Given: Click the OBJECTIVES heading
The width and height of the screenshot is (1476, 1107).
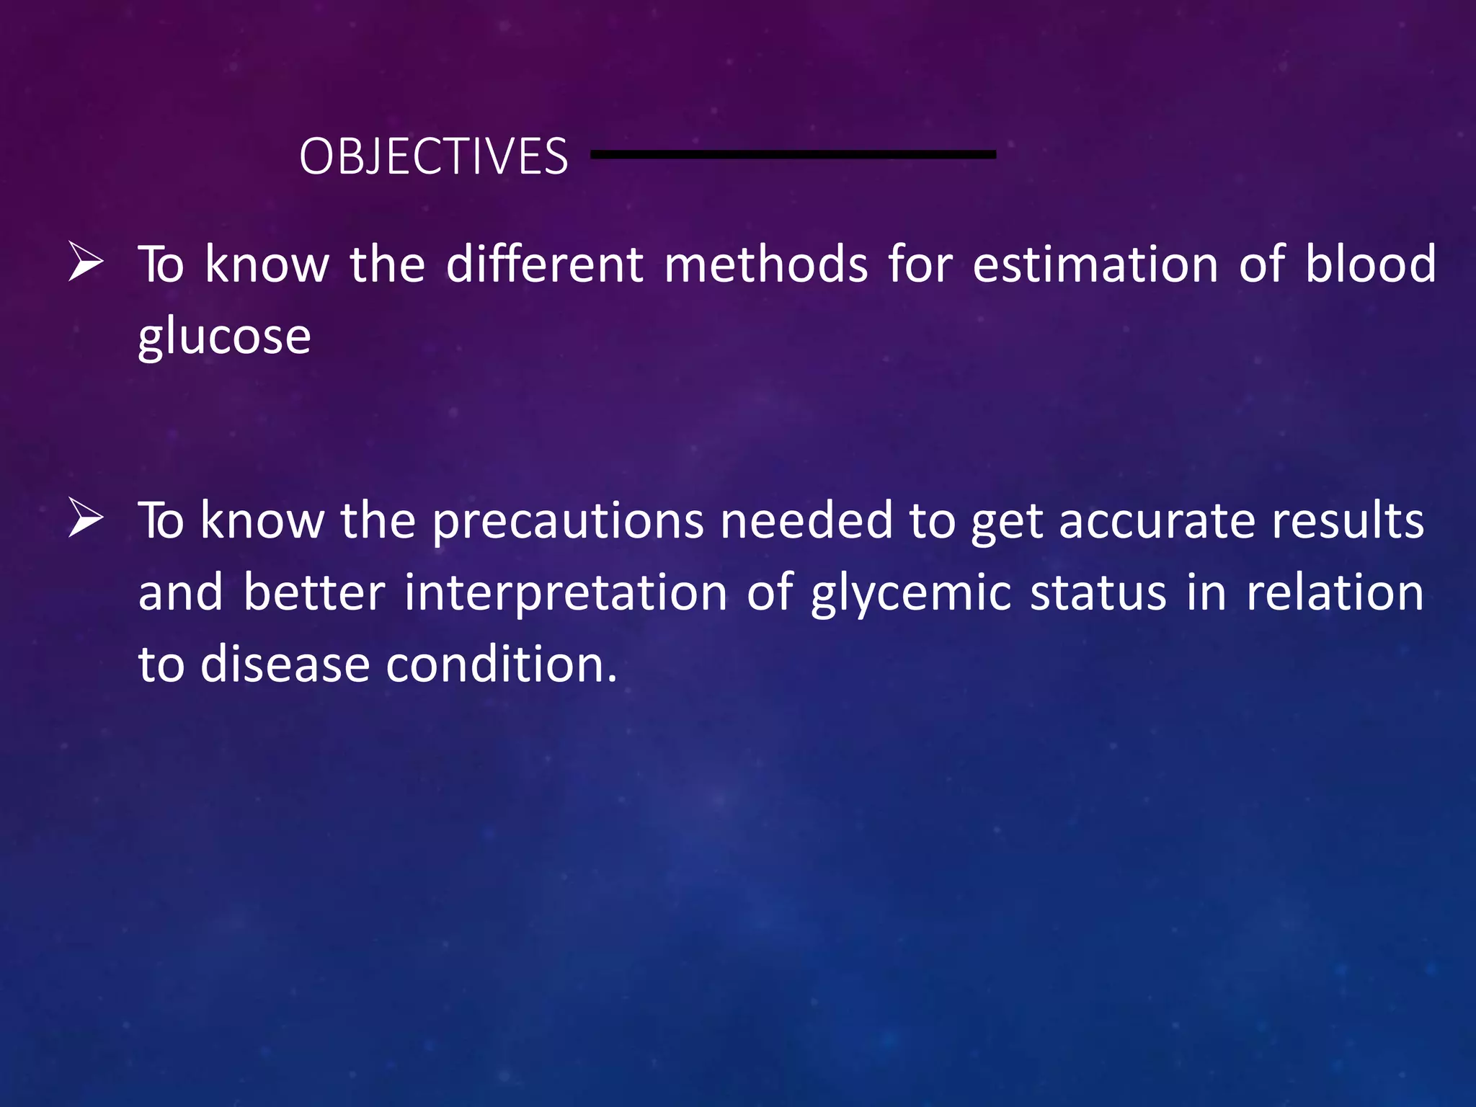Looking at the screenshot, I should coord(433,156).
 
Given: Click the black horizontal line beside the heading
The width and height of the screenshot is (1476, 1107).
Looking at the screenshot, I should coord(793,154).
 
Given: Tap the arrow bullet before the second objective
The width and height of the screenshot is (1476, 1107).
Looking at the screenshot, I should coord(86,518).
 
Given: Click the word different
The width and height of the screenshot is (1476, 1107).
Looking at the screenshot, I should coord(544,264).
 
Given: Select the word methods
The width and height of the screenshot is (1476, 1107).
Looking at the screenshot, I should coord(765,264).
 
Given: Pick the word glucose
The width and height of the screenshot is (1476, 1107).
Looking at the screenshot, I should coord(224,337).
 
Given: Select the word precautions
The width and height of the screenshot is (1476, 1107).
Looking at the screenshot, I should coord(567,520).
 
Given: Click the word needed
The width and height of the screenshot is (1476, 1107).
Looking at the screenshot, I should coord(806,520).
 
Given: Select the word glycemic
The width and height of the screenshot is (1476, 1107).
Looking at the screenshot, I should coord(910,594).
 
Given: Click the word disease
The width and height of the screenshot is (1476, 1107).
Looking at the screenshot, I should coord(285,664).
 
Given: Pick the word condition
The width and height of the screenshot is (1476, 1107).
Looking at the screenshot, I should coord(502,664).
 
